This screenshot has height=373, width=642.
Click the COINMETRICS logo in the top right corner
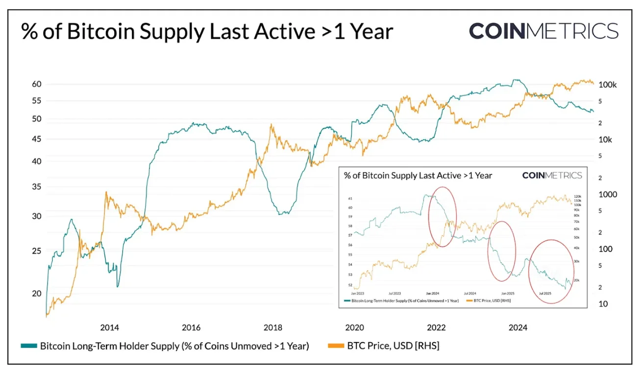tap(543, 30)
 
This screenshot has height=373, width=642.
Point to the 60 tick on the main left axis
tap(36, 84)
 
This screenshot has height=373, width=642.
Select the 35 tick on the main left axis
tap(36, 187)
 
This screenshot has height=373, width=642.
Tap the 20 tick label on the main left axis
tap(36, 294)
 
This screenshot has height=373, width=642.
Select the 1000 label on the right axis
tap(608, 194)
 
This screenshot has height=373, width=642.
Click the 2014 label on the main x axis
tap(109, 327)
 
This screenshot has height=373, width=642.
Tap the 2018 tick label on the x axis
tap(273, 327)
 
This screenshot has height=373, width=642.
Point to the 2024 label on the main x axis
tap(518, 327)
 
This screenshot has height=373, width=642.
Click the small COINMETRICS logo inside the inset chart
tap(552, 175)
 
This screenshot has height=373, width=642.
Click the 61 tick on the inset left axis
tap(350, 199)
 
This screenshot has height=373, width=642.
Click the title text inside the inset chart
tap(418, 175)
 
